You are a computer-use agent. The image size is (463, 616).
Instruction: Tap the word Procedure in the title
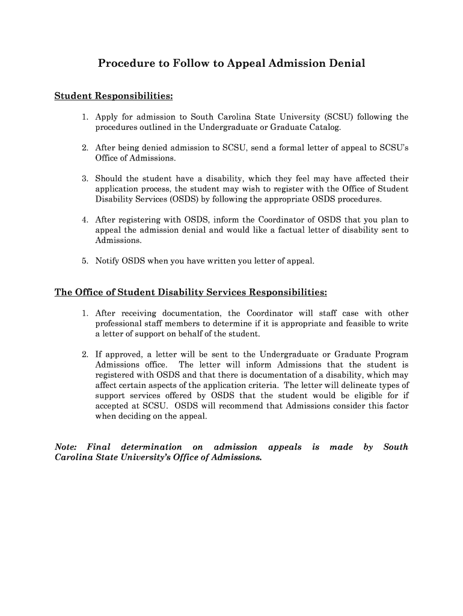point(124,63)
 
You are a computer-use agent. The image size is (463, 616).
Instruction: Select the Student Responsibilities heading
point(114,96)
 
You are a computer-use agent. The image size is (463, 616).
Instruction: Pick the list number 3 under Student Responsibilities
point(85,179)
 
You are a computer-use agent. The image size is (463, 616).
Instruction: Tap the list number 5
point(85,261)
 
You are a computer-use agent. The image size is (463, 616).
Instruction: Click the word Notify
point(107,261)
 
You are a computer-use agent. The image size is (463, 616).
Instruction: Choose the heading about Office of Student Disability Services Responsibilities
point(191,292)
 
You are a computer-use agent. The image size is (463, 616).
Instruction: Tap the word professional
point(119,324)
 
